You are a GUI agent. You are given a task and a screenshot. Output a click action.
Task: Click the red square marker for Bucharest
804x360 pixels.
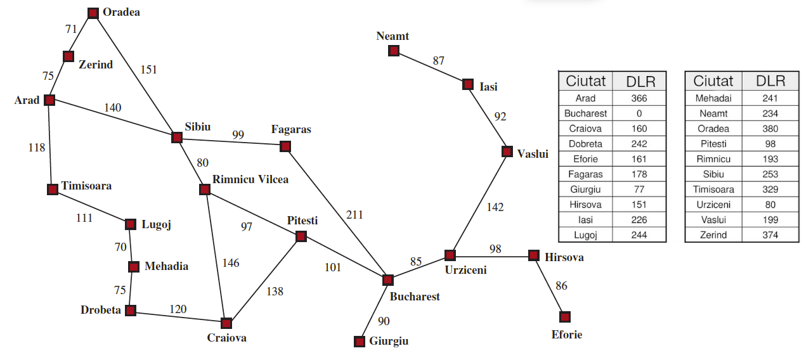[x=388, y=280]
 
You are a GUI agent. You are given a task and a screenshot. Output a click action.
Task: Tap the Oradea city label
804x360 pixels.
[x=121, y=12]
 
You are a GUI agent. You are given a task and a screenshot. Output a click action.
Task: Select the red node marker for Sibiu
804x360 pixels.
[x=177, y=137]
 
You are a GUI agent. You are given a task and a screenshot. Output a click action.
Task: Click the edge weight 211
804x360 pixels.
[x=354, y=215]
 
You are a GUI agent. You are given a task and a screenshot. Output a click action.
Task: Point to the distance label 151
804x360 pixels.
[x=148, y=70]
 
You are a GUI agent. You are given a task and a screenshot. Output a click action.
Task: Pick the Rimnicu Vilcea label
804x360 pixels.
[x=250, y=179]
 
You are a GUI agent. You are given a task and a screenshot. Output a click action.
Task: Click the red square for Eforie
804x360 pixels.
[x=565, y=316]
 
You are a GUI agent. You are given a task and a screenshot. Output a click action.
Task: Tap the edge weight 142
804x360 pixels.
[x=495, y=207]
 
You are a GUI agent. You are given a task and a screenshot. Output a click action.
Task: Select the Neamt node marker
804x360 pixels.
[x=394, y=51]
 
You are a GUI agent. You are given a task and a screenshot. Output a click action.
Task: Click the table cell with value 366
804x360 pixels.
[x=639, y=98]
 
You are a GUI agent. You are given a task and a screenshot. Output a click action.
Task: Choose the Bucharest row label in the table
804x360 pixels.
[x=585, y=113]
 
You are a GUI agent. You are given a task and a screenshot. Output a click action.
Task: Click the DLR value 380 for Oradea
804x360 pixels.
[x=770, y=129]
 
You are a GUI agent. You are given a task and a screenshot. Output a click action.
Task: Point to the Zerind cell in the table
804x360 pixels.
[x=713, y=235]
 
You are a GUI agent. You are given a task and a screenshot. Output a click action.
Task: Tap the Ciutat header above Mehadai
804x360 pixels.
[x=713, y=81]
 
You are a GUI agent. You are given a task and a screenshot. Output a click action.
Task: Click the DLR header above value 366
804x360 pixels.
[x=639, y=81]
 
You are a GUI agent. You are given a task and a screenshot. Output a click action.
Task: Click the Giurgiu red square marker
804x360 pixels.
[x=360, y=342]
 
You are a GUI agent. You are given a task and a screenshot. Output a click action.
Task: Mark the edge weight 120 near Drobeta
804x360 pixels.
[x=178, y=309]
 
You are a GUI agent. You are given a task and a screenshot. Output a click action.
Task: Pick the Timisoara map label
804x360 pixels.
[x=86, y=186]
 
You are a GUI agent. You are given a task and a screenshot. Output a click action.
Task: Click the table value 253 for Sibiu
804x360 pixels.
[x=770, y=174]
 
